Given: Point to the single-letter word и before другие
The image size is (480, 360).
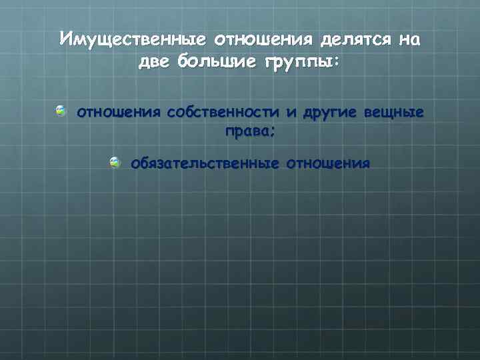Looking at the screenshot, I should click(x=291, y=112).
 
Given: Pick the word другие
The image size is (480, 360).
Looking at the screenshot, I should click(x=330, y=112).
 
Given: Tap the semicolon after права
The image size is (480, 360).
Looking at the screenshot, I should click(x=273, y=132).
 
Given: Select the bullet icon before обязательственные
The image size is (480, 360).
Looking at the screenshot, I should click(x=115, y=161).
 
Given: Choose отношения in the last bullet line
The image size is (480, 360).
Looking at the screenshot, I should click(x=327, y=163).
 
